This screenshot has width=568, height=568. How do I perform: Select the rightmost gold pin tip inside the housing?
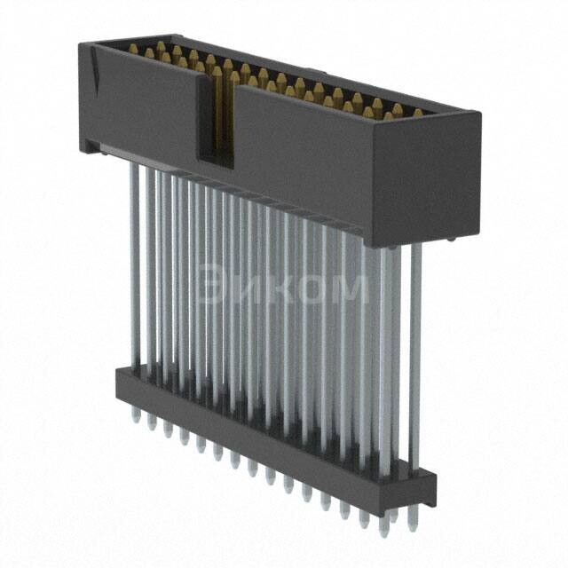[x=417, y=114]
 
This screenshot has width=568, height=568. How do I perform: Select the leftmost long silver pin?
[x=133, y=266]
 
